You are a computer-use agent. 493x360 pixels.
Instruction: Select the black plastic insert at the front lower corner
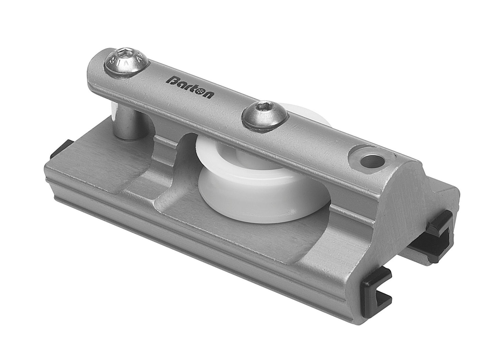[x=375, y=280]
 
